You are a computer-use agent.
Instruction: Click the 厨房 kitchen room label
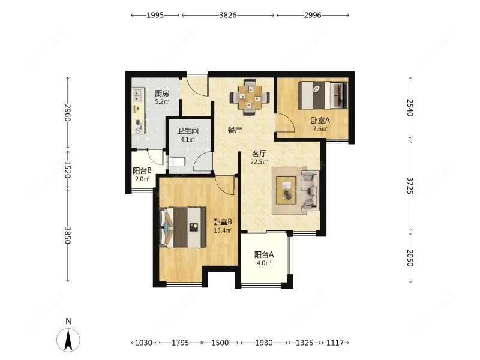[x=161, y=94]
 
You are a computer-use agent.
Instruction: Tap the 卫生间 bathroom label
[x=188, y=131]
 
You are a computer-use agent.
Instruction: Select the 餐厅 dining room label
[x=235, y=130]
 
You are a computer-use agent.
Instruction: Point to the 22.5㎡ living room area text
[x=259, y=162]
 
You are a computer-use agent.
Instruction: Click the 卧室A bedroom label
[x=320, y=121]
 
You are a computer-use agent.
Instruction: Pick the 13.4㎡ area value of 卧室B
[x=222, y=230]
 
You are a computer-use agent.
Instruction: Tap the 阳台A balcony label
[x=264, y=254]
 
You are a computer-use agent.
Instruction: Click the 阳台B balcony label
[x=142, y=170]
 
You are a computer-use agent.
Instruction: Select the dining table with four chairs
[x=250, y=97]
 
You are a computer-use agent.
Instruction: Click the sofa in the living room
[x=310, y=190]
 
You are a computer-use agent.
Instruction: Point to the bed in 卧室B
[x=183, y=227]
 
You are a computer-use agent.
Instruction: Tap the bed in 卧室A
[x=323, y=95]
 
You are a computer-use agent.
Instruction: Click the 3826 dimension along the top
[x=228, y=15]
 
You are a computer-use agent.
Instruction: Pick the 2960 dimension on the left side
[x=68, y=113]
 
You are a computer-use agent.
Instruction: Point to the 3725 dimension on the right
[x=410, y=185]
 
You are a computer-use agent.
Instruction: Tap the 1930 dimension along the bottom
[x=264, y=343]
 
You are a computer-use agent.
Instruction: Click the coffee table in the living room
[x=286, y=190]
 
